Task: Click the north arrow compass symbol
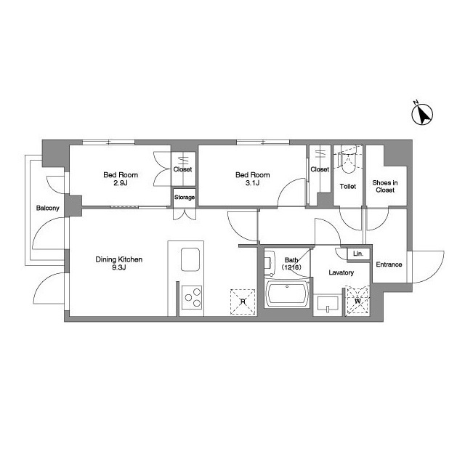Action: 422,114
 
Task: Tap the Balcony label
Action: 48,209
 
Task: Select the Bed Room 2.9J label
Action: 121,179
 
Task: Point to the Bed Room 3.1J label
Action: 253,179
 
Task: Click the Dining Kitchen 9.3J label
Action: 119,263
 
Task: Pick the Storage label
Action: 185,197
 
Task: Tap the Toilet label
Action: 348,187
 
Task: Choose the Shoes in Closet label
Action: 385,186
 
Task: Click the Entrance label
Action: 389,264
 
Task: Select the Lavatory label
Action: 341,272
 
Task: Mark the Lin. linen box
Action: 358,254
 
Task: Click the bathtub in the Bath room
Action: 287,294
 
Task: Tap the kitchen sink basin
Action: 190,259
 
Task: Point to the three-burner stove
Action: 192,297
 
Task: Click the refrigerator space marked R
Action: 243,302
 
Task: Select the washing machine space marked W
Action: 358,301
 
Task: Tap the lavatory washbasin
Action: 328,304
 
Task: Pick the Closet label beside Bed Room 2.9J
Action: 182,169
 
